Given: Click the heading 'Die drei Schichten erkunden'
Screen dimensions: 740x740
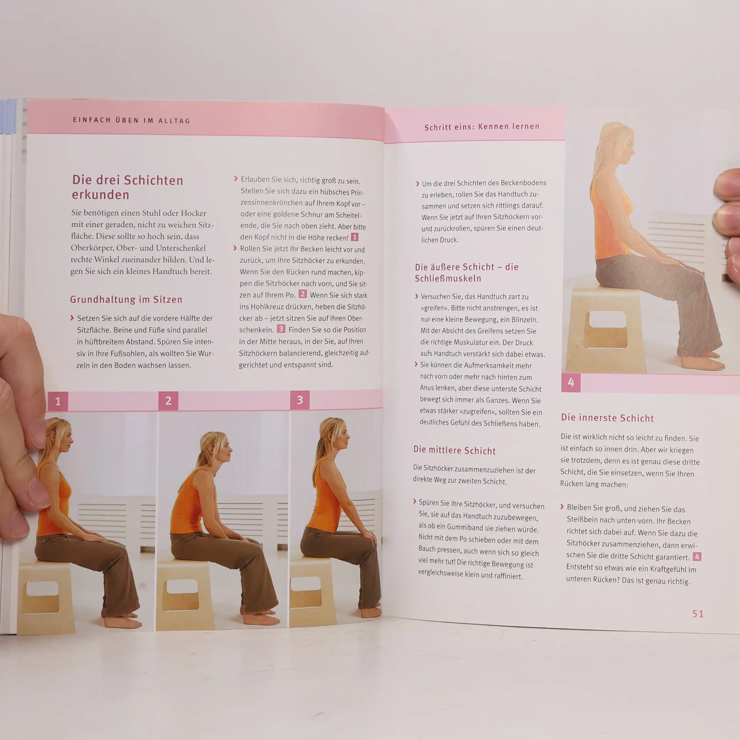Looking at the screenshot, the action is pos(128,187).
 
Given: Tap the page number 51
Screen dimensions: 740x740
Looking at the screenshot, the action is pos(698,614).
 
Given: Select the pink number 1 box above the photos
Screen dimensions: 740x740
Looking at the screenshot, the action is pos(58,402).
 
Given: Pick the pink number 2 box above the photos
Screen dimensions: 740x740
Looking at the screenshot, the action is pos(168,400).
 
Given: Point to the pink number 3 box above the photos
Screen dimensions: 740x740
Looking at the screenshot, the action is pos(300,400).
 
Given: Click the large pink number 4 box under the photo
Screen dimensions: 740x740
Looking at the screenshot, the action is pos(571,382).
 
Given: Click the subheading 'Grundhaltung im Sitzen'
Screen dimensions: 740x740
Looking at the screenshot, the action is pos(126,299).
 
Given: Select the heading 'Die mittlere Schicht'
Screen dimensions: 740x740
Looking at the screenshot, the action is pos(454,450).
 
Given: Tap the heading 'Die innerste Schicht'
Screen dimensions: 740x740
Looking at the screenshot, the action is pos(607,418).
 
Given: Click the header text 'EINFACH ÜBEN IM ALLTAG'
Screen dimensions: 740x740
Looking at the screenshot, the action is pos(132,120).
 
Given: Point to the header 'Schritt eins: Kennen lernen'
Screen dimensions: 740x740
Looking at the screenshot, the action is pos(482,127).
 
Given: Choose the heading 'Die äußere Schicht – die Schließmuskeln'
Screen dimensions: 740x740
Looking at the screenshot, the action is pos(467,272).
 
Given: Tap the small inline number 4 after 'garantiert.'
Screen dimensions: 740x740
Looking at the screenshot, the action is pos(697,557).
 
